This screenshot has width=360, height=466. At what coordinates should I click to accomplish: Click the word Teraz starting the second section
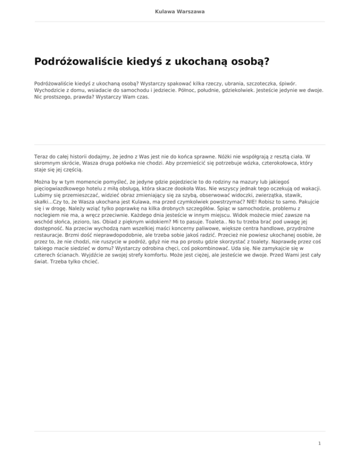point(43,155)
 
